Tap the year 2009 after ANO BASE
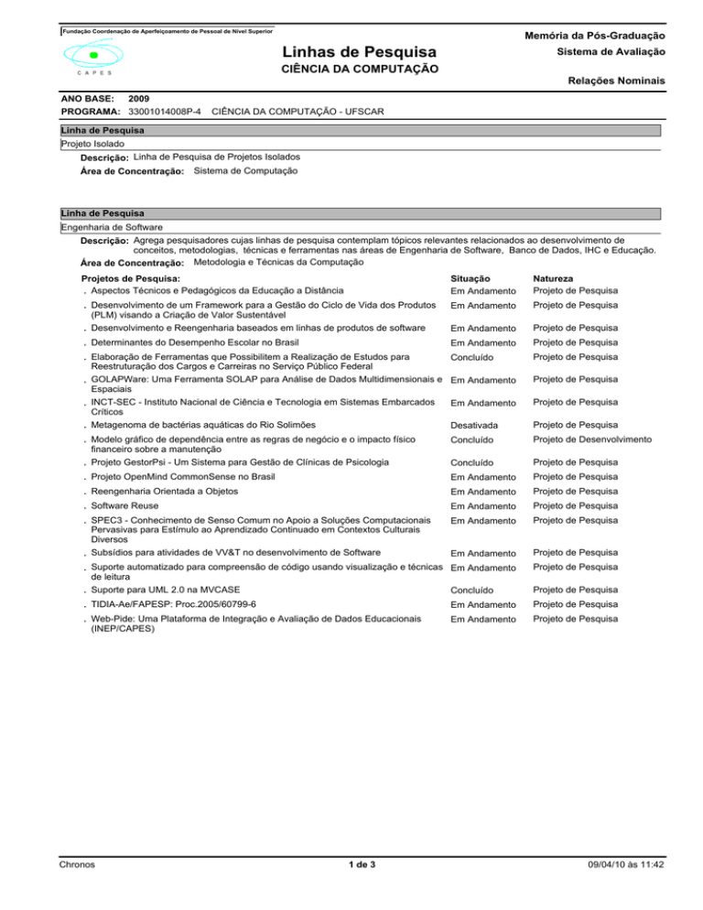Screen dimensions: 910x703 141,97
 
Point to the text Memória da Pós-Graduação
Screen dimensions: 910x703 599,35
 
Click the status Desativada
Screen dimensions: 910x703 481,425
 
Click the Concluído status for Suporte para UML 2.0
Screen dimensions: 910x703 479,590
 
